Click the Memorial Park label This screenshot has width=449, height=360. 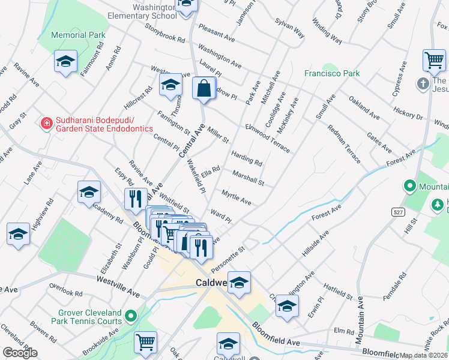(78, 35)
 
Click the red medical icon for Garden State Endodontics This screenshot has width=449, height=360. (45, 124)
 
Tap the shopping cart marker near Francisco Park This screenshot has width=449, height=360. (433, 60)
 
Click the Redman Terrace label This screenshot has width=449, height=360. (344, 144)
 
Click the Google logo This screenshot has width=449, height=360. (20, 353)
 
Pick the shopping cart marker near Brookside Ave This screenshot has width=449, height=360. (145, 342)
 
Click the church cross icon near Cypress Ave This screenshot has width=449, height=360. (424, 83)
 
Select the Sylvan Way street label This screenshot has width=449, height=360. (289, 28)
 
